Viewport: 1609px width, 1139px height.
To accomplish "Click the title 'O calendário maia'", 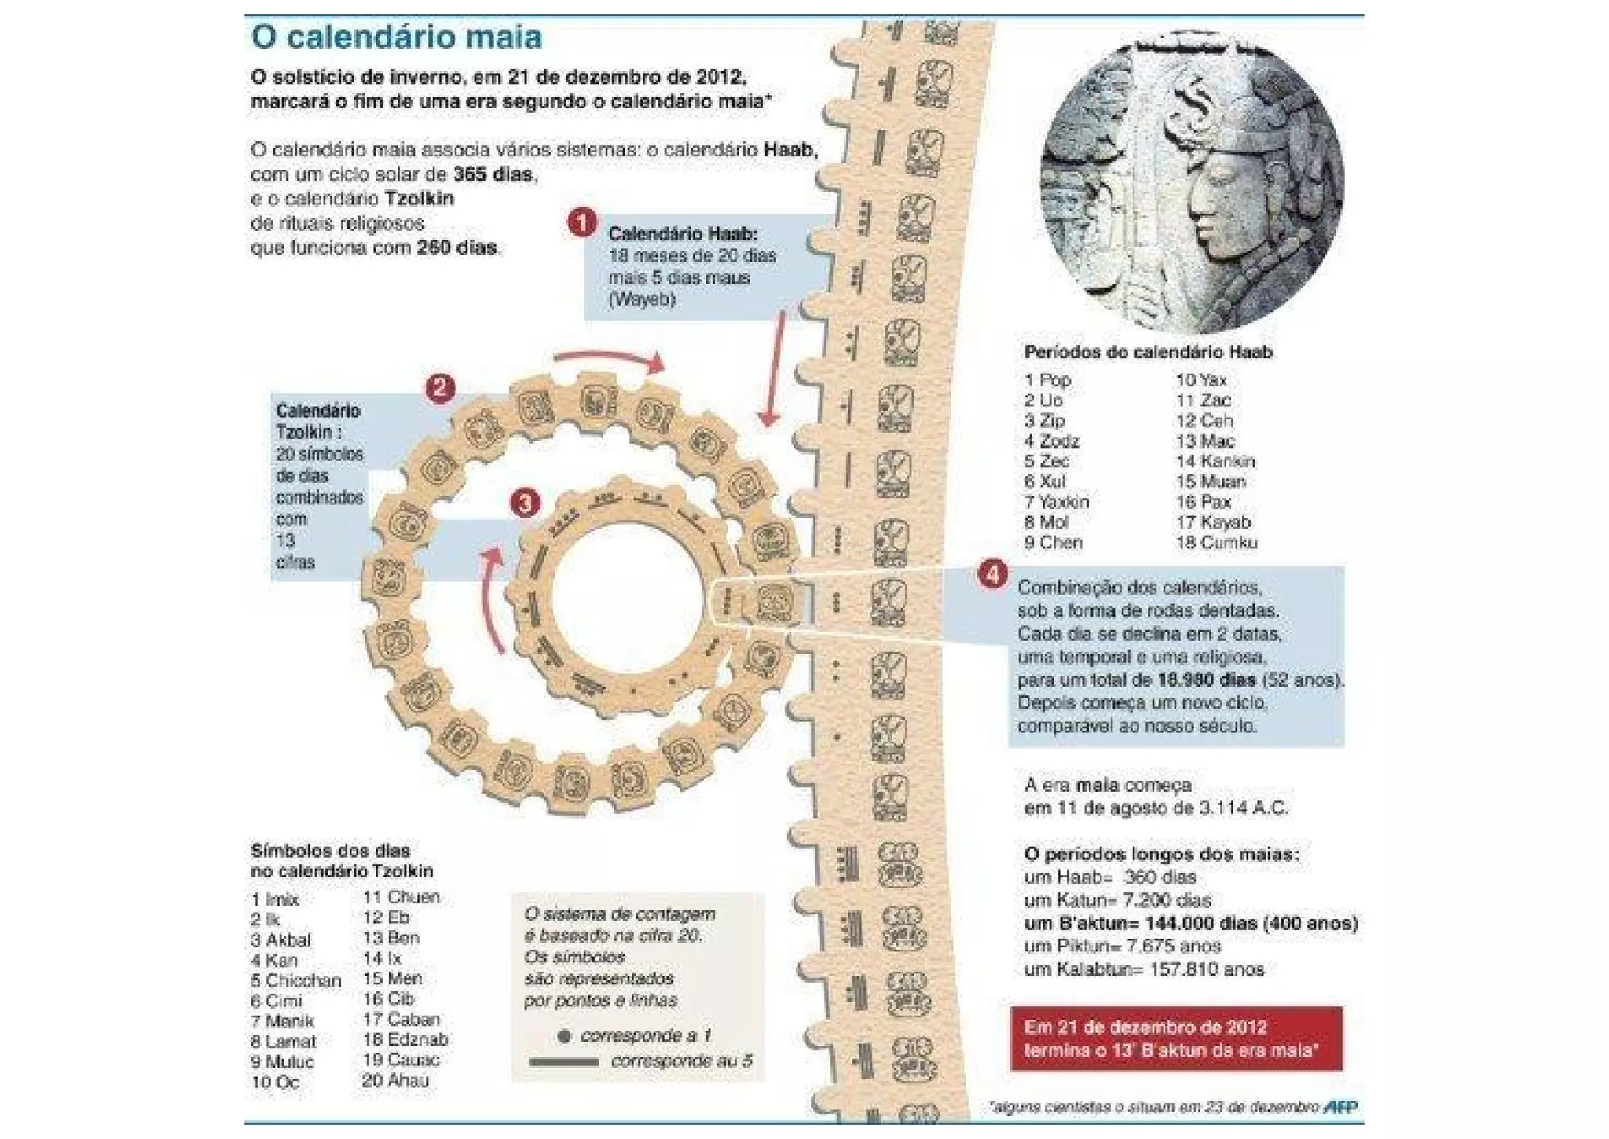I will pyautogui.click(x=396, y=38).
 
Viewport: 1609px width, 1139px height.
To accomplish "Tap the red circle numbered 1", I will pyautogui.click(x=581, y=223).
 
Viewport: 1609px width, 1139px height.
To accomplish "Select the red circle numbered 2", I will pyautogui.click(x=440, y=388).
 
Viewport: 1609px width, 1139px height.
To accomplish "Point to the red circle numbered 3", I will pyautogui.click(x=525, y=503).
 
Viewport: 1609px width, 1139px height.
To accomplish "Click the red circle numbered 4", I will pyautogui.click(x=992, y=574).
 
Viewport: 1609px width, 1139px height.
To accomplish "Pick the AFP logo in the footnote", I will pyautogui.click(x=1340, y=1107).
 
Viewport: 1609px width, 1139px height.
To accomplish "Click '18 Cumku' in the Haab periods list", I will pyautogui.click(x=1216, y=543).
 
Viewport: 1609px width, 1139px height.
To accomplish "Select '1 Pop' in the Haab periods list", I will pyautogui.click(x=1047, y=380).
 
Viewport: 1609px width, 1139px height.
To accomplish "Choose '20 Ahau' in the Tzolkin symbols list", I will pyautogui.click(x=395, y=1081).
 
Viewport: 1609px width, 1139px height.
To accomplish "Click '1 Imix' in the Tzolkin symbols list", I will pyautogui.click(x=275, y=899).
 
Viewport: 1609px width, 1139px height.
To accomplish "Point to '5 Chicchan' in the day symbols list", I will pyautogui.click(x=295, y=981).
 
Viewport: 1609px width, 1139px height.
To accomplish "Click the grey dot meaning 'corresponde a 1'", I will pyautogui.click(x=563, y=1037).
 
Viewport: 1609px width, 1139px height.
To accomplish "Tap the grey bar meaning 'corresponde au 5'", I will pyautogui.click(x=563, y=1062).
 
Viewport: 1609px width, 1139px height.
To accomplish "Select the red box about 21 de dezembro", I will pyautogui.click(x=1176, y=1038).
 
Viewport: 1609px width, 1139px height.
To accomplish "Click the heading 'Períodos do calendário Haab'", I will pyautogui.click(x=1148, y=353).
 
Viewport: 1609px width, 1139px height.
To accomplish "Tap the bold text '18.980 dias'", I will pyautogui.click(x=1207, y=679).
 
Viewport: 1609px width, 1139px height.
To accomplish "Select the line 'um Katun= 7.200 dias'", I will pyautogui.click(x=1117, y=900).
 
